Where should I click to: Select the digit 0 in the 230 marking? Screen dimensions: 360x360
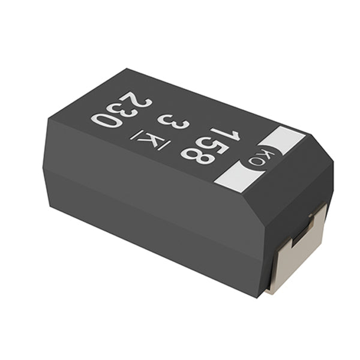pos(107,122)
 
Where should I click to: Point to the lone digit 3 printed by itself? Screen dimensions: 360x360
pos(174,121)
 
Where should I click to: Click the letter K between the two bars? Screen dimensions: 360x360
pos(151,140)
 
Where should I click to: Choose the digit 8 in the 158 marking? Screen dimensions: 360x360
pos(197,157)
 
